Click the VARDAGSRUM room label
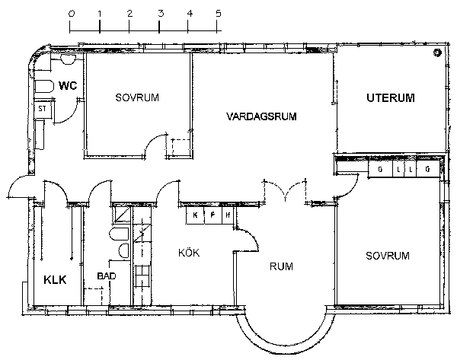point(261,116)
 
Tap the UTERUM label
point(391,98)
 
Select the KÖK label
point(189,252)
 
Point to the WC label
point(68,86)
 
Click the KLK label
point(55,279)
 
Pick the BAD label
point(107,276)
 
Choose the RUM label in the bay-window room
point(281,266)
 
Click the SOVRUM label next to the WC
point(137,97)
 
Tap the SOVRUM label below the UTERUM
point(388,256)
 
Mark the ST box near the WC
point(43,110)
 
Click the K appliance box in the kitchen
point(195,215)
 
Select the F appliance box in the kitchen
point(213,215)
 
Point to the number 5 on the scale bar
point(219,14)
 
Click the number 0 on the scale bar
point(71,14)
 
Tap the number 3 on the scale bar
point(161,14)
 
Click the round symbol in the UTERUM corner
point(437,53)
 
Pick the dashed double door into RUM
point(285,191)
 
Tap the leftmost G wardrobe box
point(380,169)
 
